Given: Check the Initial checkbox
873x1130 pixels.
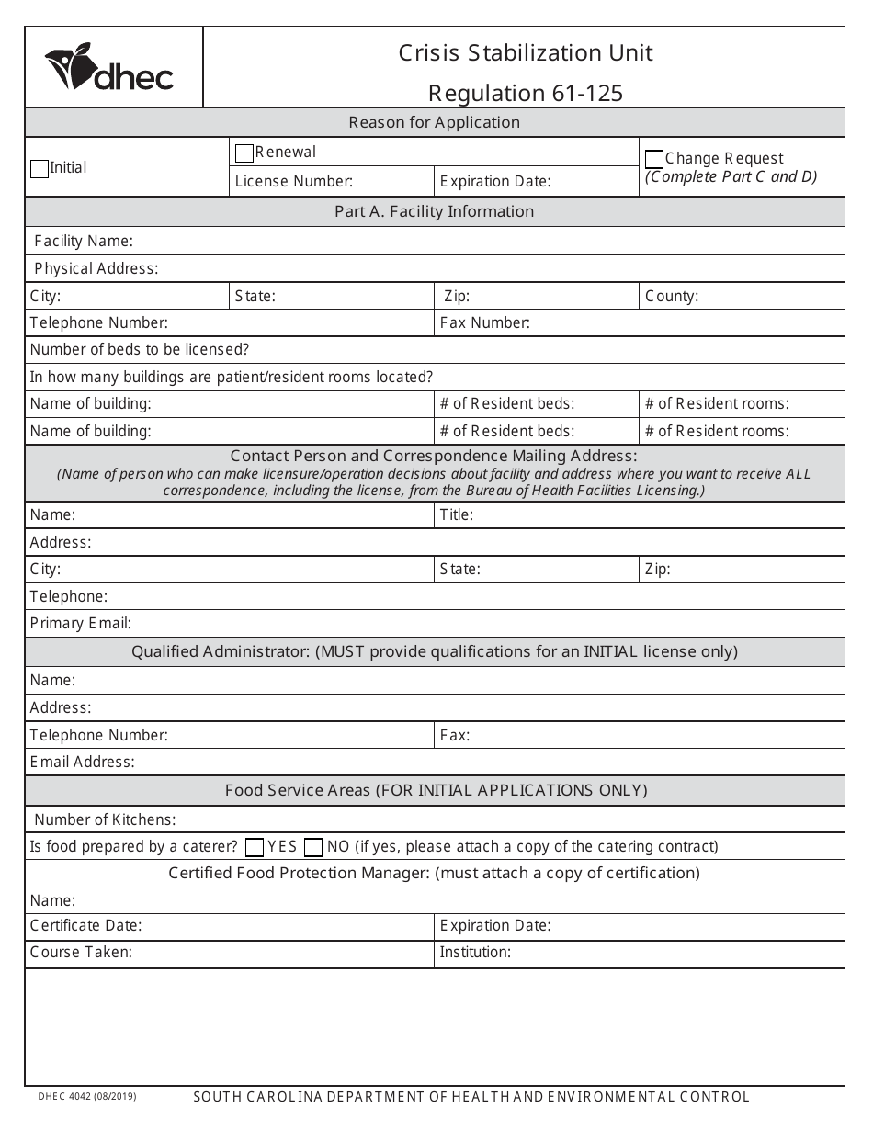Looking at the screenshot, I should (40, 169).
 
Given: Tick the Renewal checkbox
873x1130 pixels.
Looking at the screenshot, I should (244, 153).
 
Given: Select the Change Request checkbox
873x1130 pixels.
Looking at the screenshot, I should (654, 159).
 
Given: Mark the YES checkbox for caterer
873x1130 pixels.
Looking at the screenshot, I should (255, 847).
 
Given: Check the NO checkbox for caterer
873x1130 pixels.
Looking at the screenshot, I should (313, 847).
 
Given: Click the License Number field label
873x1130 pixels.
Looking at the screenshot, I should (293, 182).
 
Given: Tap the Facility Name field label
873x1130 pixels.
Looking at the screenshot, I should (84, 242).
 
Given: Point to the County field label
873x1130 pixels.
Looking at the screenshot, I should (672, 297).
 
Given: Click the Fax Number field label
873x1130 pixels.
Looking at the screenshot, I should (484, 323).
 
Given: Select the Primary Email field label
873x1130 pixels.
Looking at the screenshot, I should (81, 624).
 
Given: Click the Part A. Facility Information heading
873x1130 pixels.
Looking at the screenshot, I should (434, 211).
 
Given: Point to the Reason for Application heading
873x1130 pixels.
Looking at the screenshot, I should (434, 122).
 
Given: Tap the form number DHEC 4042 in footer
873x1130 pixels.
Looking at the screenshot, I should (87, 1096).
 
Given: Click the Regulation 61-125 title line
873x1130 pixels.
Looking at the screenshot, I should (526, 93).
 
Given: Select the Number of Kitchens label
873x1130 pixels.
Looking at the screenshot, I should (105, 819).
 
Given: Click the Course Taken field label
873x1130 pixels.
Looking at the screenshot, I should (81, 953).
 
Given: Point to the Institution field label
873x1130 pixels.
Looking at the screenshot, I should (475, 953).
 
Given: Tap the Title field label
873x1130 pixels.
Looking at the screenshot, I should (457, 515).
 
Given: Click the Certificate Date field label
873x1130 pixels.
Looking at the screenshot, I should (86, 926).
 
